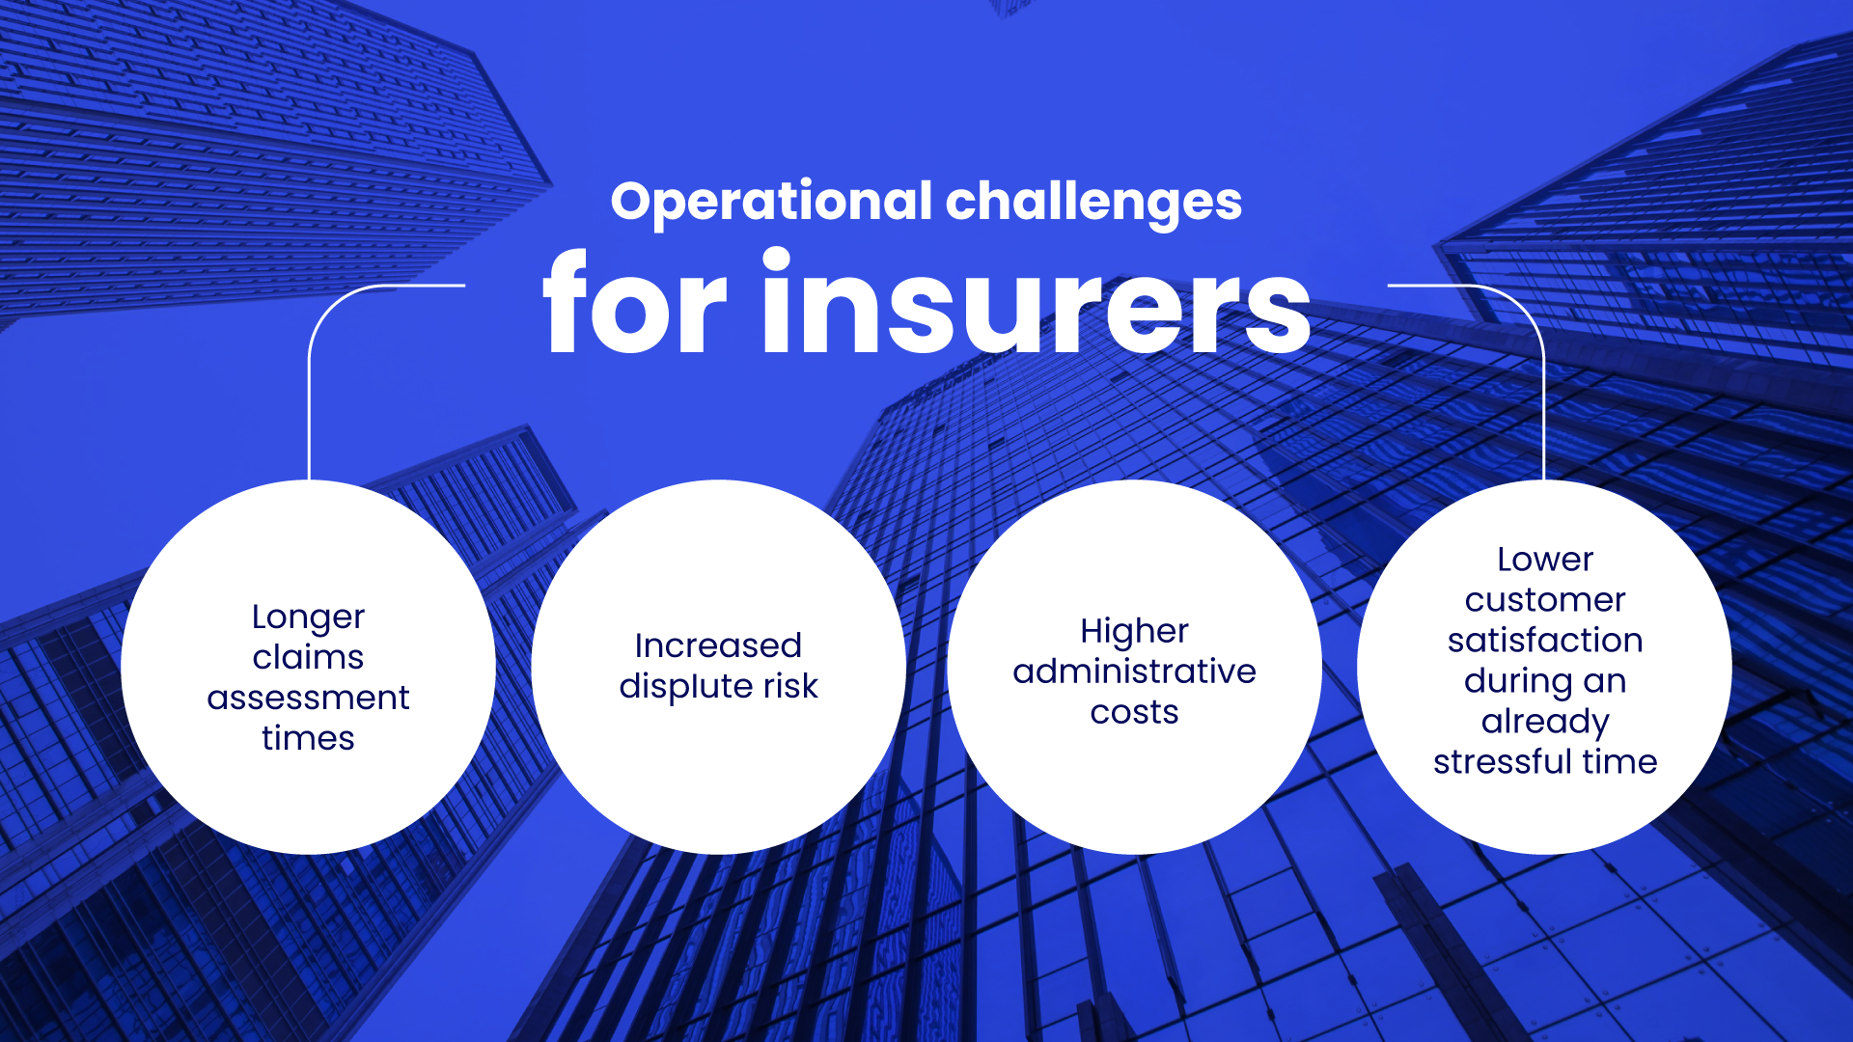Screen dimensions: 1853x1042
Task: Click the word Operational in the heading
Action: [772, 203]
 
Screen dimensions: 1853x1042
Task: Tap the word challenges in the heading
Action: [1093, 203]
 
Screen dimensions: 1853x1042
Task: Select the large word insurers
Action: [1037, 302]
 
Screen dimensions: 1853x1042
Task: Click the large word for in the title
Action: [635, 302]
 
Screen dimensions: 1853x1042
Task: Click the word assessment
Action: [308, 698]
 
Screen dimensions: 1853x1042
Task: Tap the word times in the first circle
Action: [308, 738]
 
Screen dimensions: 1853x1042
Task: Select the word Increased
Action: [718, 645]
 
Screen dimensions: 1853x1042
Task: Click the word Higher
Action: [1134, 633]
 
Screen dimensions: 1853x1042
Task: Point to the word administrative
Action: [1134, 672]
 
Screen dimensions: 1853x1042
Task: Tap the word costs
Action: [1134, 713]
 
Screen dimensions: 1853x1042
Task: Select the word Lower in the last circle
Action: [1545, 560]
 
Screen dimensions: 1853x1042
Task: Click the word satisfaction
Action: [1545, 641]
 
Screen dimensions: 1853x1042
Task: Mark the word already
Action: [1545, 723]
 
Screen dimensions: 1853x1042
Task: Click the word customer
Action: [1545, 601]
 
